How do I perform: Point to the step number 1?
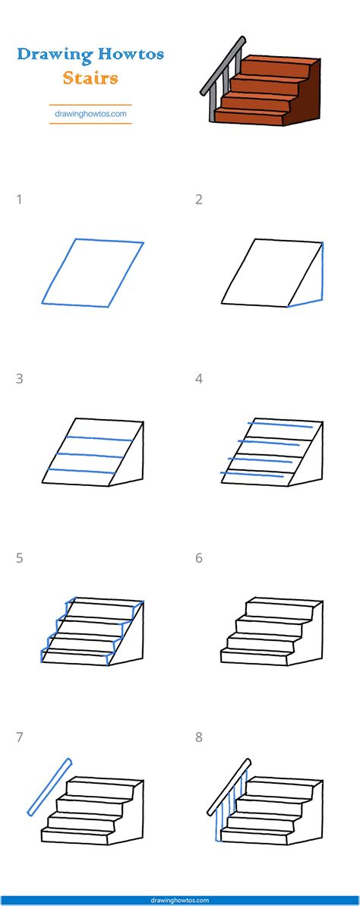(x=19, y=200)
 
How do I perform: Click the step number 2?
(x=199, y=200)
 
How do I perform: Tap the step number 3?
(x=19, y=378)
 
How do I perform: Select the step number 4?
(x=199, y=378)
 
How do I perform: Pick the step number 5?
(x=19, y=558)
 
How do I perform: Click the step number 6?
(x=199, y=558)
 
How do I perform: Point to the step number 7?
(x=19, y=737)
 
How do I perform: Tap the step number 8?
(x=199, y=737)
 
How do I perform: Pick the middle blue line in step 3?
(x=90, y=455)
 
